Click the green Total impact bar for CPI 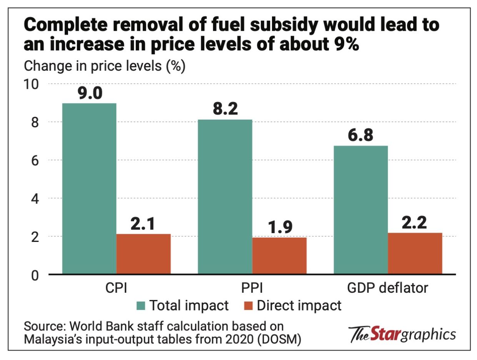89,188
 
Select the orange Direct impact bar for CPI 143,254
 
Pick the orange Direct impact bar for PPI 279,256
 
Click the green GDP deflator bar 361,210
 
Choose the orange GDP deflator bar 415,253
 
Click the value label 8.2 225,110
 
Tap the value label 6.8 360,136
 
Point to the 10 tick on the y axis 33,84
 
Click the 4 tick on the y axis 36,198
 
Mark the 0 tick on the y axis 36,275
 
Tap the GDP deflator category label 388,288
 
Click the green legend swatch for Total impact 140,306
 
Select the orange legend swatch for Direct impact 248,306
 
